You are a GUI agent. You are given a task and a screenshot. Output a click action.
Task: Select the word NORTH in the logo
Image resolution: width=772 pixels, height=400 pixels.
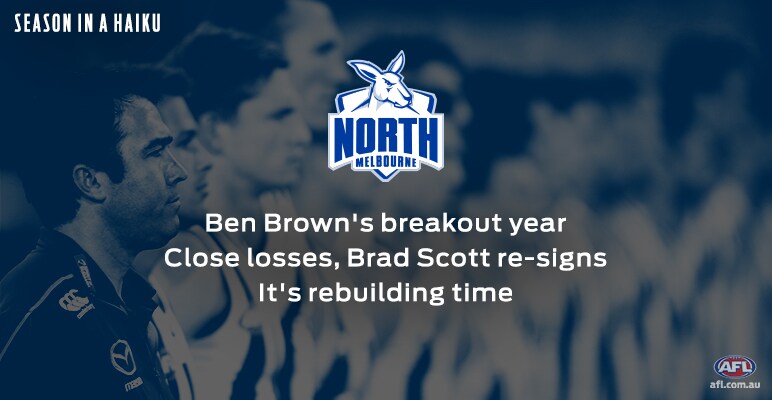tap(386, 138)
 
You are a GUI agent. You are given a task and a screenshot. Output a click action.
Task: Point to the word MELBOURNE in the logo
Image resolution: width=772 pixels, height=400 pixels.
tap(386, 163)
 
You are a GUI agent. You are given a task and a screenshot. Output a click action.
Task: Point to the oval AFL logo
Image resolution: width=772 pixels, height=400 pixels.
tap(735, 367)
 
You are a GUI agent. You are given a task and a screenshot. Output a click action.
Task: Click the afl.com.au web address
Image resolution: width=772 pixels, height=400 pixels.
tap(735, 384)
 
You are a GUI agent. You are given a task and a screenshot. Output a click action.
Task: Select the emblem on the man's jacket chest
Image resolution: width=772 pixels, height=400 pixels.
tap(123, 357)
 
